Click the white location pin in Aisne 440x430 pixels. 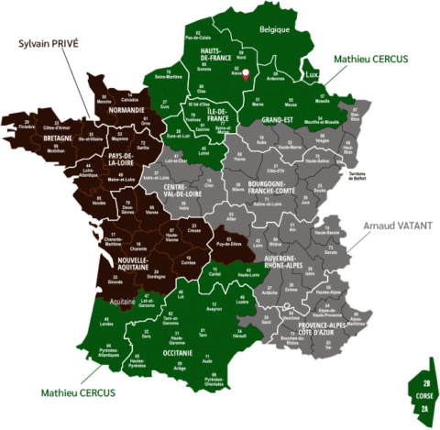[x=246, y=72]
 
